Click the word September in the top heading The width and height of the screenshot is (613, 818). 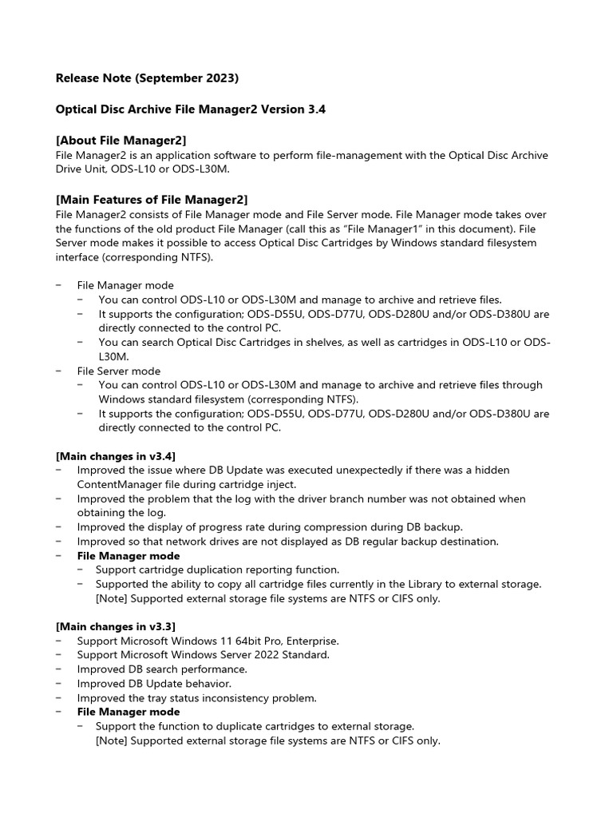point(167,78)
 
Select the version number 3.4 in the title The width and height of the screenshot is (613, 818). point(316,110)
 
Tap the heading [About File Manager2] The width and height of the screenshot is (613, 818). point(121,141)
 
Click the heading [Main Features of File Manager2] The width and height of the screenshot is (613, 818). point(152,199)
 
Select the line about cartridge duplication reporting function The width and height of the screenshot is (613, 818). point(217,570)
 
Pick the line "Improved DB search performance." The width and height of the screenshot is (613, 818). point(162,669)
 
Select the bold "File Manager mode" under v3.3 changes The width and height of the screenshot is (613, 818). point(129,712)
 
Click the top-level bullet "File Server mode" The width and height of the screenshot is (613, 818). point(119,371)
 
